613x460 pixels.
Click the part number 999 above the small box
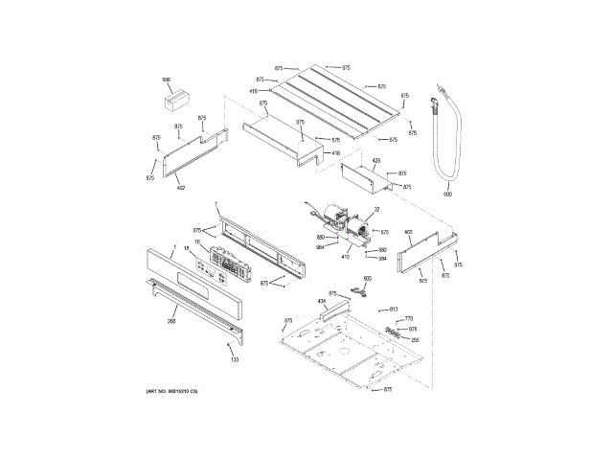[x=166, y=80]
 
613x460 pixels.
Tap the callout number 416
[x=254, y=91]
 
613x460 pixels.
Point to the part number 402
[x=180, y=188]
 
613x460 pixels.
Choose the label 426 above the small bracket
[x=376, y=161]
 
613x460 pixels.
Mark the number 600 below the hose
[x=446, y=195]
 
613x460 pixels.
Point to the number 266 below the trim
[x=171, y=321]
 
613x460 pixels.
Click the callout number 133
[x=234, y=359]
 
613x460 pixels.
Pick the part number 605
[x=366, y=277]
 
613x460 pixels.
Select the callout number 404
[x=322, y=302]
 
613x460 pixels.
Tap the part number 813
[x=393, y=309]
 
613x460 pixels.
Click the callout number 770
[x=409, y=318]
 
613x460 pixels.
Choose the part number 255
[x=415, y=339]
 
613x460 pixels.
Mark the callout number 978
[x=413, y=329]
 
